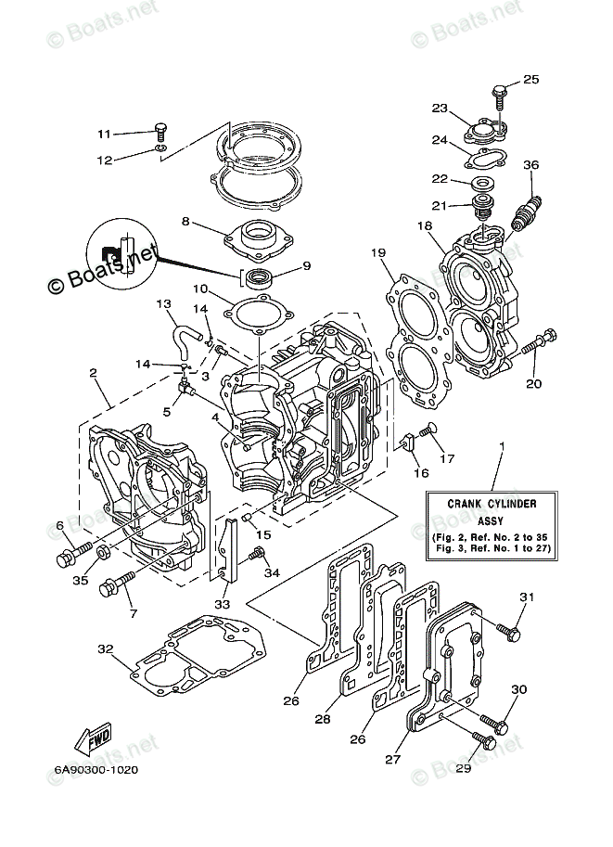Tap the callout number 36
[x=530, y=166]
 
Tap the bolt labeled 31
[x=506, y=630]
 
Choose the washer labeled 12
[x=161, y=148]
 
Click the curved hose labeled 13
[x=183, y=332]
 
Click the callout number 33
[x=223, y=603]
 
